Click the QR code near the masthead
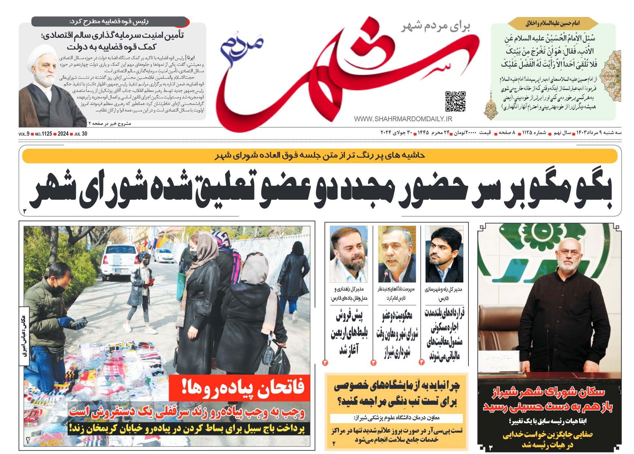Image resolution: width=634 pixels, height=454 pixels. coord(455,101)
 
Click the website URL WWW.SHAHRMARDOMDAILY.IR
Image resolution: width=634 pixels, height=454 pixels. coord(403,119)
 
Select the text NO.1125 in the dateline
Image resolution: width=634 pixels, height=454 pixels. coord(44,134)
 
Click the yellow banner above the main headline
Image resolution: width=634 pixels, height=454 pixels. coord(319,156)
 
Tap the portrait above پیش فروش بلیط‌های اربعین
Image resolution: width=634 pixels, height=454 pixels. coord(348,254)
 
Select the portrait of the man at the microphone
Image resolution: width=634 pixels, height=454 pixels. coord(397,254)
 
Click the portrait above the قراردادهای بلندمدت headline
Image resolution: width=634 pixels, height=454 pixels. coord(444,254)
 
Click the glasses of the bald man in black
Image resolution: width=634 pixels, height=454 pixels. coord(568,252)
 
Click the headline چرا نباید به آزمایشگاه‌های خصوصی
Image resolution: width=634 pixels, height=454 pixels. coord(396,394)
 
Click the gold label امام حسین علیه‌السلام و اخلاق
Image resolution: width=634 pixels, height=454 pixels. coord(553,24)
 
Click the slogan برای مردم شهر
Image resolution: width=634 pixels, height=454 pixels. coord(436,26)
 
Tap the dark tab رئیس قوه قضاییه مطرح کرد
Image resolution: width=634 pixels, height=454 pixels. coord(110,22)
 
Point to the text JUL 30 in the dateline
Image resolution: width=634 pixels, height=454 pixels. coord(81,134)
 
